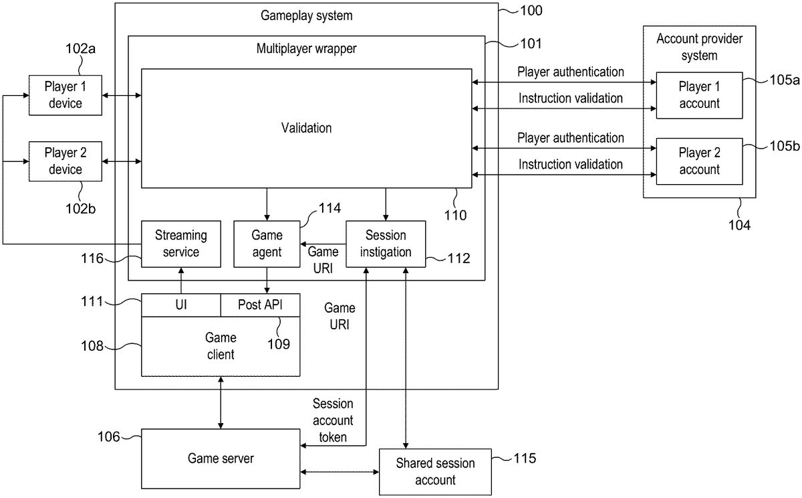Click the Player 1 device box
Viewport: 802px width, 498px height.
coord(65,95)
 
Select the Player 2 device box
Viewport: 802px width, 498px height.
coord(65,161)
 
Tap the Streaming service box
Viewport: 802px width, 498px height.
coord(181,244)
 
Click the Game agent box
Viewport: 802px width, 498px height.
coord(267,244)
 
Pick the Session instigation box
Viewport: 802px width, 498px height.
coord(386,244)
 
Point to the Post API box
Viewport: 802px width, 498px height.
coord(260,305)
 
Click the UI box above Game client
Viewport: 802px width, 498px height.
coord(181,305)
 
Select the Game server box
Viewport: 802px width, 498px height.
coord(221,459)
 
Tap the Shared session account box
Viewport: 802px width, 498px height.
coord(435,471)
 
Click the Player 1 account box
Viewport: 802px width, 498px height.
coord(699,95)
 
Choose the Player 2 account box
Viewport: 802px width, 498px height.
coord(699,161)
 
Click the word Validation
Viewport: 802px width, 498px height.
coord(306,127)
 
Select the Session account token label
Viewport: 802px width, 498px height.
coord(333,420)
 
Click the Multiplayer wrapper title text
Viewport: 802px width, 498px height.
coord(306,49)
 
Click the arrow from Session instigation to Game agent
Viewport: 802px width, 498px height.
coord(323,244)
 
